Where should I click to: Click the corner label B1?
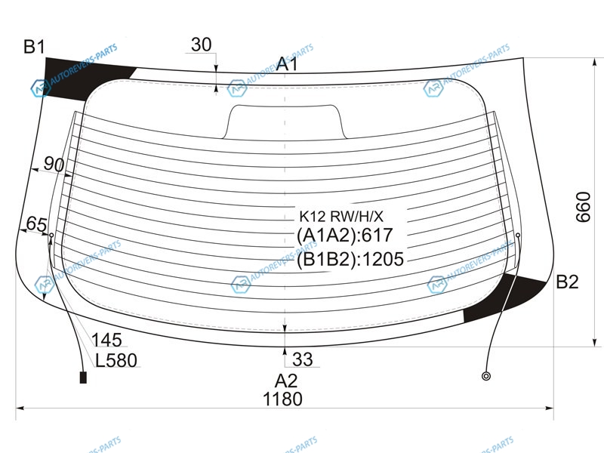tap(34, 47)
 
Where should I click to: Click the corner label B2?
tap(567, 282)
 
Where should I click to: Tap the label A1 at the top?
tap(287, 63)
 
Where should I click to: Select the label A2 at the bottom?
tap(286, 381)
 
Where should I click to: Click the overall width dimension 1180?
tap(282, 399)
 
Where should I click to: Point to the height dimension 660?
tap(583, 207)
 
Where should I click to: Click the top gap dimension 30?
tap(201, 45)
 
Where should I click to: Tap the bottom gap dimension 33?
tap(303, 359)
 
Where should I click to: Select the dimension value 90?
tap(53, 164)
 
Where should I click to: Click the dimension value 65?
tap(36, 223)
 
